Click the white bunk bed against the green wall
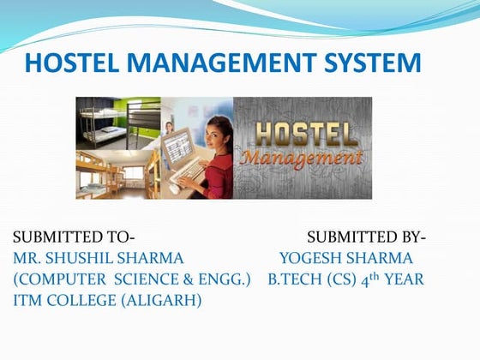(107, 120)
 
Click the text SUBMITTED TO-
(75, 237)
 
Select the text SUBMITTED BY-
(366, 237)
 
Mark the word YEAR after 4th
(404, 279)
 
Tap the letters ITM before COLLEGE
(28, 301)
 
